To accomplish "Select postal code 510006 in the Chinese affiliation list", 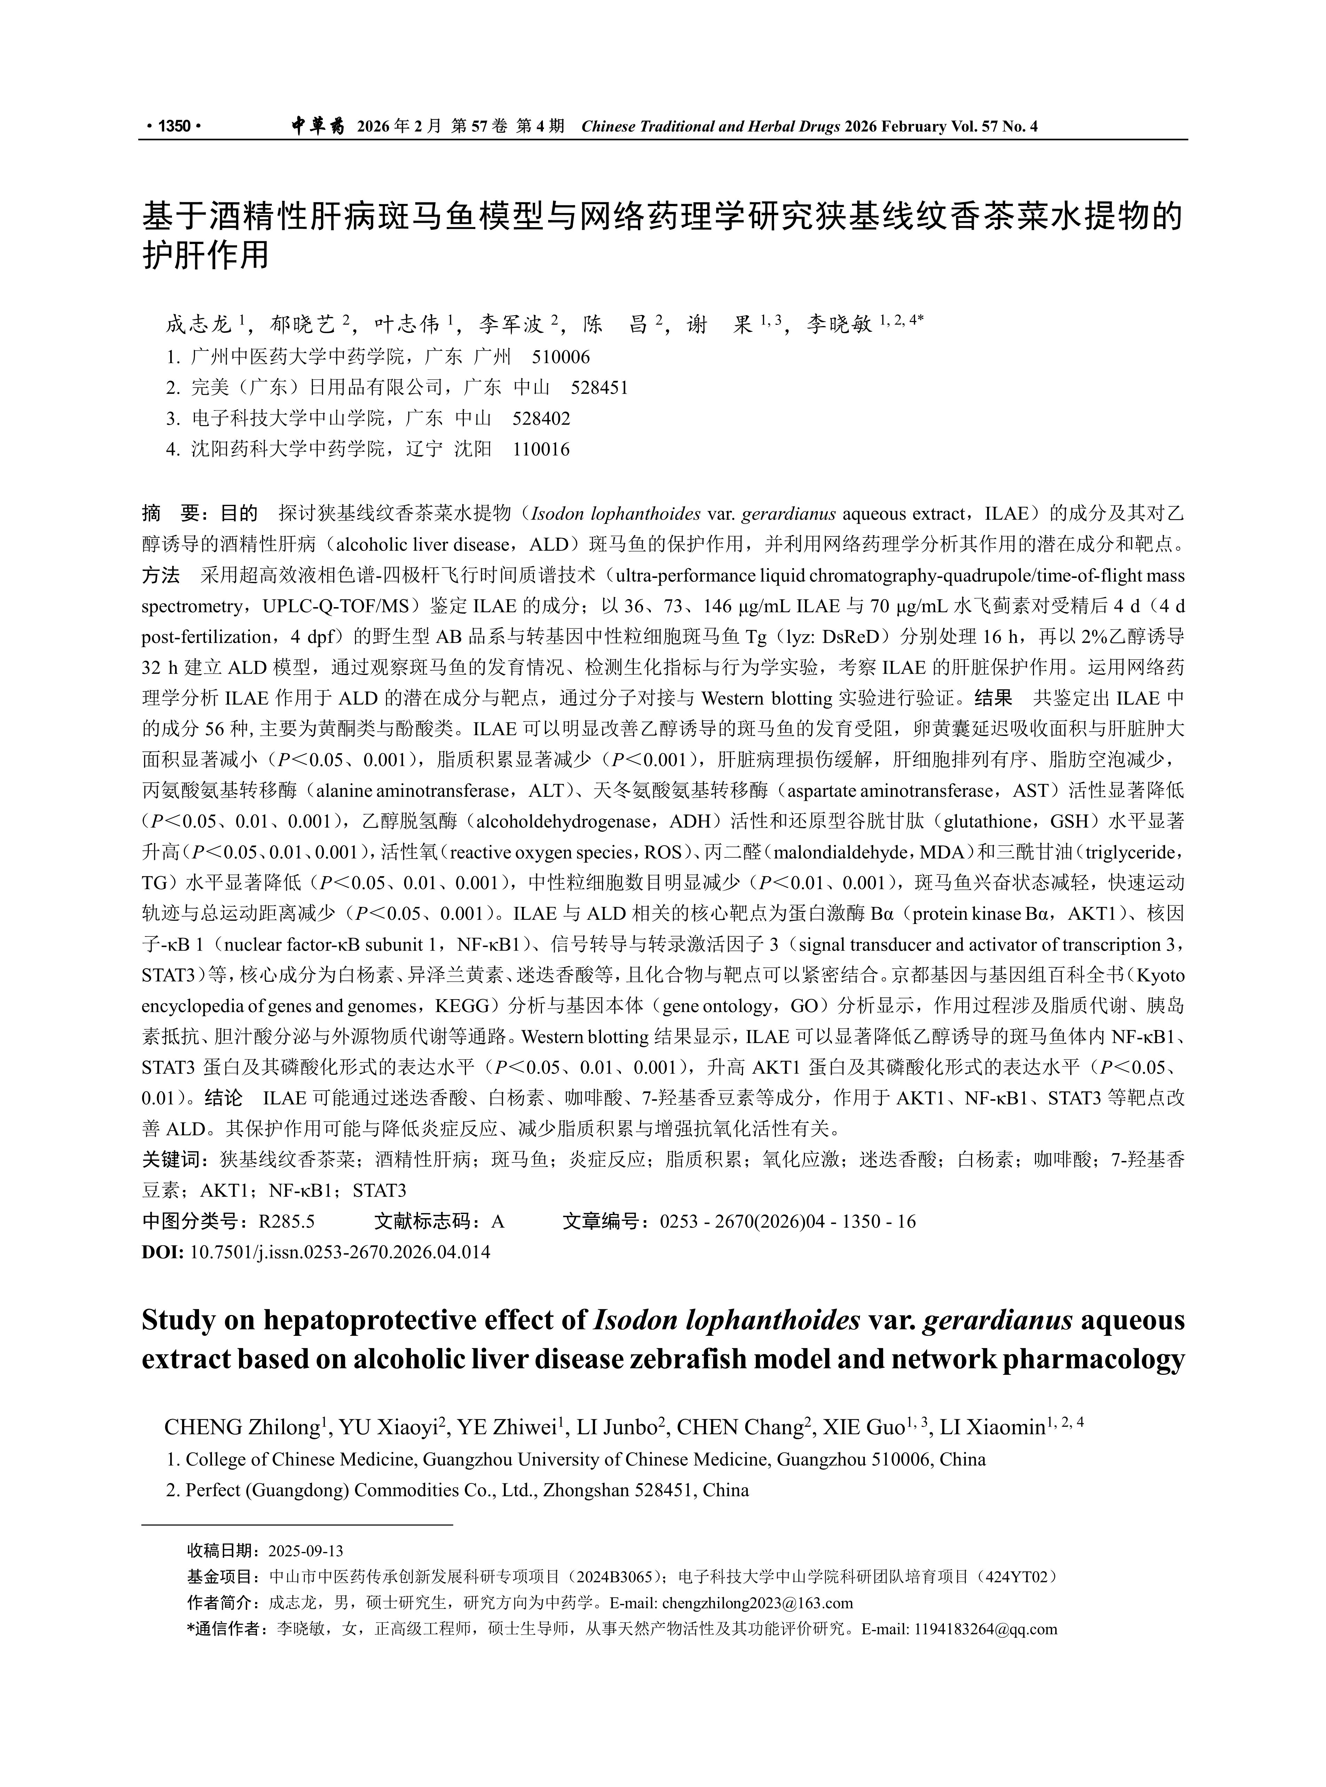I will click(x=561, y=357).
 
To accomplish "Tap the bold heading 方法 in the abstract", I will click(x=160, y=575).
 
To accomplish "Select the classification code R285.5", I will click(x=286, y=1222).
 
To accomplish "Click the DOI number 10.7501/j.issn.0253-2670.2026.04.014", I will click(x=340, y=1252).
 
